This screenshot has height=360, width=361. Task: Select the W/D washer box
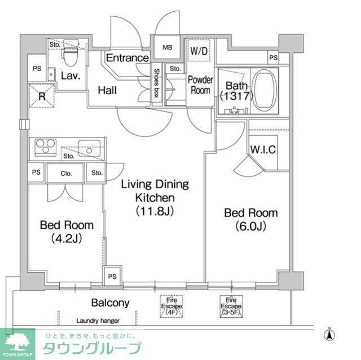click(199, 51)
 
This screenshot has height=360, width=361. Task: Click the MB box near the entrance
click(168, 47)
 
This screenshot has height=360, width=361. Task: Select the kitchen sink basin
click(89, 146)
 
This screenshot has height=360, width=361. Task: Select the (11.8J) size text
click(154, 211)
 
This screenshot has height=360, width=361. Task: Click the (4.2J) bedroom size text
click(66, 238)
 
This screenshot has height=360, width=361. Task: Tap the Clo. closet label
click(65, 173)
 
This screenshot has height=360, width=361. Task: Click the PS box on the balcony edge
click(112, 277)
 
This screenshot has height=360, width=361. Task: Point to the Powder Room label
click(200, 85)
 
